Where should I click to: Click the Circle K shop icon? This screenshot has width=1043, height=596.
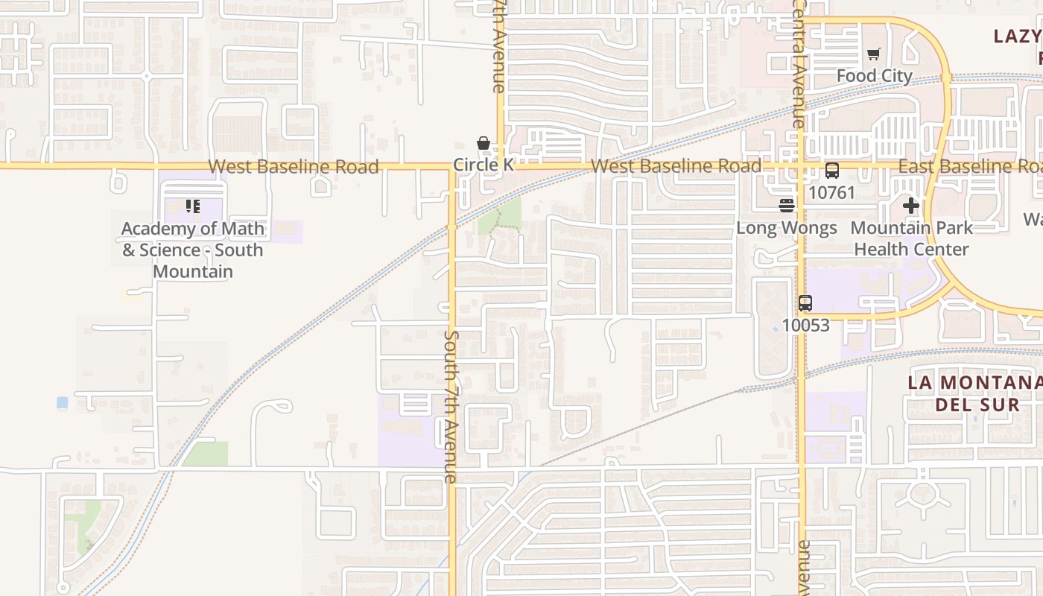click(483, 143)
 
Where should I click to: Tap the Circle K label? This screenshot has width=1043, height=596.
click(484, 165)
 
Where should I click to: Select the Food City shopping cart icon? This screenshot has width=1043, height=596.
click(873, 54)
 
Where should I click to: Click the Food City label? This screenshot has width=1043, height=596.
click(874, 76)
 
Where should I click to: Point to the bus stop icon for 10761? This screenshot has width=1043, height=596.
click(831, 171)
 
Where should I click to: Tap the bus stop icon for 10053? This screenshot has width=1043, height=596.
click(805, 303)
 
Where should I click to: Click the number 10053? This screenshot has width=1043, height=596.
click(805, 326)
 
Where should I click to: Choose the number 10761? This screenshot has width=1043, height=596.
click(831, 192)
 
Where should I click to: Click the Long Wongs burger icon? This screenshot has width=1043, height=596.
click(787, 206)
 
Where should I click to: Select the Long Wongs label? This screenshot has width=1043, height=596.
click(787, 228)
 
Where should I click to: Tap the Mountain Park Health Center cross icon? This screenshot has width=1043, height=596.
click(910, 206)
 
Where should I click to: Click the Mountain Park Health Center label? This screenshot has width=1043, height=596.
click(910, 238)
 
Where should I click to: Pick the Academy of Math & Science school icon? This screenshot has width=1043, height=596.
click(193, 206)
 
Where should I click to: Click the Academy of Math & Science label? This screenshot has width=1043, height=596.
click(193, 250)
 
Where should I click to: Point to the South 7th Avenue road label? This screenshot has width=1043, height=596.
click(451, 406)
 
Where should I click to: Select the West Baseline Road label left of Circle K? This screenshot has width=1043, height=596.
click(293, 166)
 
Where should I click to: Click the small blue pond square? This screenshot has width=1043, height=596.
click(62, 402)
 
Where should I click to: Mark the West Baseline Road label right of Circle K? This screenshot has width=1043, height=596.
click(676, 165)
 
